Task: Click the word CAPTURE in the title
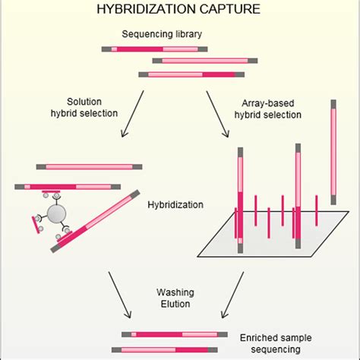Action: pos(229,9)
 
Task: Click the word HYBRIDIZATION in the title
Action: pos(146,9)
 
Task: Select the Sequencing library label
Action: pos(162,34)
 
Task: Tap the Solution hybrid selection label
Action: pos(84,107)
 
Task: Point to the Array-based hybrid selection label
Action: pos(268,109)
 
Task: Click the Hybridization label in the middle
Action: pos(175,204)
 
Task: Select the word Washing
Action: pos(175,292)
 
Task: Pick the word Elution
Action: pos(175,304)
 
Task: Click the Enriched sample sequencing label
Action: pos(276,343)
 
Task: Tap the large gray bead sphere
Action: pos(57,213)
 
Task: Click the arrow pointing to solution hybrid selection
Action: pos(132,114)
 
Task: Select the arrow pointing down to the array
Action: pos(218,114)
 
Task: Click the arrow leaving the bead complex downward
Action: pos(120,295)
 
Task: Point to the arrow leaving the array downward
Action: pos(232,295)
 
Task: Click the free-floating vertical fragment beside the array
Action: pos(333,152)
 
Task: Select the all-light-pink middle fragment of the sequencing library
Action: pos(205,61)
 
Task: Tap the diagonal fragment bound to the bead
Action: pos(95,222)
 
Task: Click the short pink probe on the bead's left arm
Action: pos(36,225)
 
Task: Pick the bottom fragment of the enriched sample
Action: pos(165,350)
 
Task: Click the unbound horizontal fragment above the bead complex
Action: pos(89,167)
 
